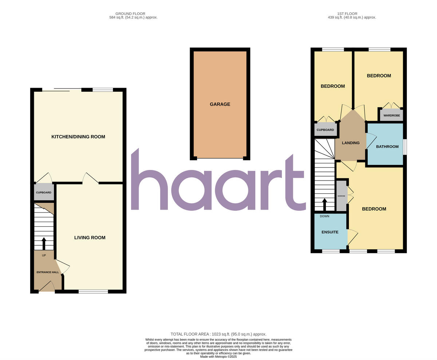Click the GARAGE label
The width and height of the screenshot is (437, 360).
[220, 104]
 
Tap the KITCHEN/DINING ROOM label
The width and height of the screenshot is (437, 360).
[78, 137]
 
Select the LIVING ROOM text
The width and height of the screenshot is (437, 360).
[90, 238]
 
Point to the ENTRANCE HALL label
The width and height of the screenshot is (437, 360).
[47, 272]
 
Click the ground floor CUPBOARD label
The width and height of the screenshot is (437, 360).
[44, 193]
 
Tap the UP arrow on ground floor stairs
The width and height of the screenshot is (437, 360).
[44, 244]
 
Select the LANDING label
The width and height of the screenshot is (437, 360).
[351, 143]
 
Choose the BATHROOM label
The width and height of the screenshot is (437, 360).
[387, 147]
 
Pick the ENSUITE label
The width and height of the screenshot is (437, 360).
[330, 232]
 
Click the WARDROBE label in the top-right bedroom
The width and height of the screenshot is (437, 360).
[391, 115]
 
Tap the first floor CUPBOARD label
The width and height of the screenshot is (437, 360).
[325, 130]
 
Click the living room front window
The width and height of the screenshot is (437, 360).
[93, 291]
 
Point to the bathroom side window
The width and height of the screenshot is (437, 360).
[405, 147]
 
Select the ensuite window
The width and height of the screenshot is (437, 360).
[331, 251]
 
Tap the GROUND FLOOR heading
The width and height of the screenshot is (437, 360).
[130, 14]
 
